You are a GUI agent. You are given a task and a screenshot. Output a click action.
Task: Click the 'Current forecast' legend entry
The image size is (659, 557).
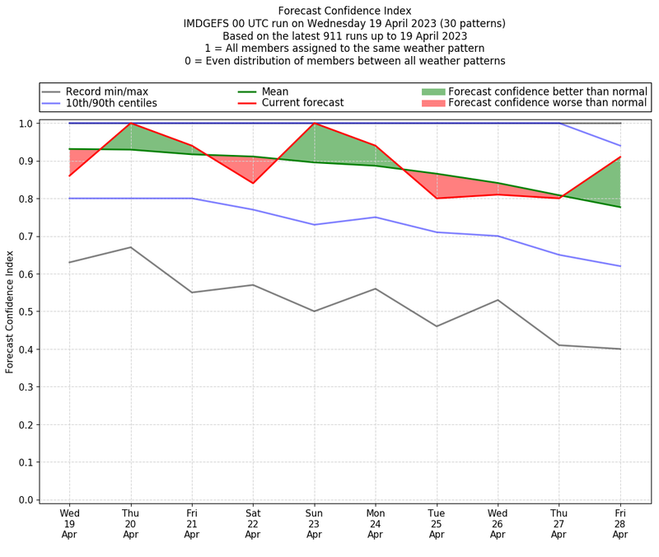click(x=302, y=103)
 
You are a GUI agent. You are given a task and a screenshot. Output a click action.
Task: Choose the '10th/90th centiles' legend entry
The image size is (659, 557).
click(x=111, y=103)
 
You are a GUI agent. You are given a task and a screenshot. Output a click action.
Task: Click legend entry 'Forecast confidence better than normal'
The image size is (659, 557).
click(x=547, y=91)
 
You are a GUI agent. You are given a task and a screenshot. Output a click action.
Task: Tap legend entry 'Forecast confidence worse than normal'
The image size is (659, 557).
click(x=547, y=103)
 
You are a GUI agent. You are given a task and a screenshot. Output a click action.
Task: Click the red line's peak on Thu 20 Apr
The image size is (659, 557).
click(x=130, y=124)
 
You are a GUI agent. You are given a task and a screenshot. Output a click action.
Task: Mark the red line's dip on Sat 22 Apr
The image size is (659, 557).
click(x=253, y=183)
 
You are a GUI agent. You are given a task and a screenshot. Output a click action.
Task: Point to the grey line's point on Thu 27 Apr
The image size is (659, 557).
click(x=559, y=345)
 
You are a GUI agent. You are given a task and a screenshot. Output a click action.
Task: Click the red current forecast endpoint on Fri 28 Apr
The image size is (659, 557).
click(x=619, y=157)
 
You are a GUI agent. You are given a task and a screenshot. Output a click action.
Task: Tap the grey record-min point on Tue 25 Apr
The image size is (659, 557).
click(x=437, y=326)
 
